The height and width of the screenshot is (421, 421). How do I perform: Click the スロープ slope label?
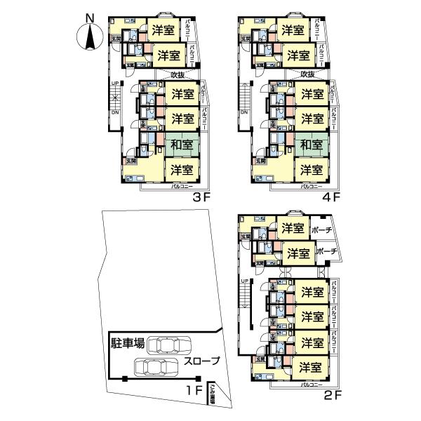[x=202, y=361]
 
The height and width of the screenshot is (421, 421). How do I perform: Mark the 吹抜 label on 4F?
[x=307, y=74]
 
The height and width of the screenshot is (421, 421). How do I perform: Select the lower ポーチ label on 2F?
[x=328, y=252]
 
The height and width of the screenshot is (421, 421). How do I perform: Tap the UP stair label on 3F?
[x=114, y=85]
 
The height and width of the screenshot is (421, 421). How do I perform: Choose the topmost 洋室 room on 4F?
[x=292, y=30]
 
